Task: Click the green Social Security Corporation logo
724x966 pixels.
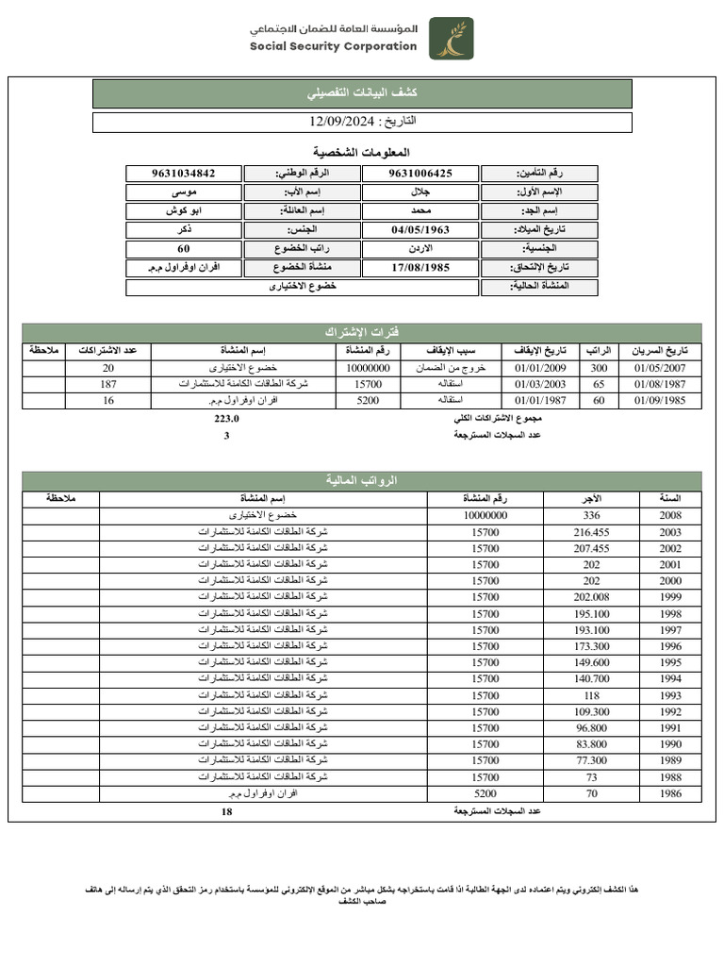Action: pos(452,38)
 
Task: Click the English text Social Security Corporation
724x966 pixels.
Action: pos(333,46)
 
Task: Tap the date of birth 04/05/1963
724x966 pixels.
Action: pos(420,229)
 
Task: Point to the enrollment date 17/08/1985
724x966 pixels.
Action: pos(420,267)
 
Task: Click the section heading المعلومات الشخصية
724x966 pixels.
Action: pos(361,152)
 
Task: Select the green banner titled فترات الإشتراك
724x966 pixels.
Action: pos(361,333)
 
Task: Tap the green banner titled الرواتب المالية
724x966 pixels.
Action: pos(361,480)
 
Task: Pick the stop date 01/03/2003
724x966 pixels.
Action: pos(540,384)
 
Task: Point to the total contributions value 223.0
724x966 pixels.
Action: pos(227,419)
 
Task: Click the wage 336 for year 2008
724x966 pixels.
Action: pos(591,515)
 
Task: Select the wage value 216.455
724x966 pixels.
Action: pos(591,532)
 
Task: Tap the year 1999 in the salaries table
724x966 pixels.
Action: pos(670,597)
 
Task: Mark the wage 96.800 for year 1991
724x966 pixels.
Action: pos(591,727)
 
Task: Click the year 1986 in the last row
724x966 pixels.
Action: pos(670,793)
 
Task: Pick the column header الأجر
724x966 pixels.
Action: pos(591,497)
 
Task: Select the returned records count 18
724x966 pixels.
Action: pos(226,811)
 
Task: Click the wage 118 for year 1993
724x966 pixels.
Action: pos(591,695)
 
